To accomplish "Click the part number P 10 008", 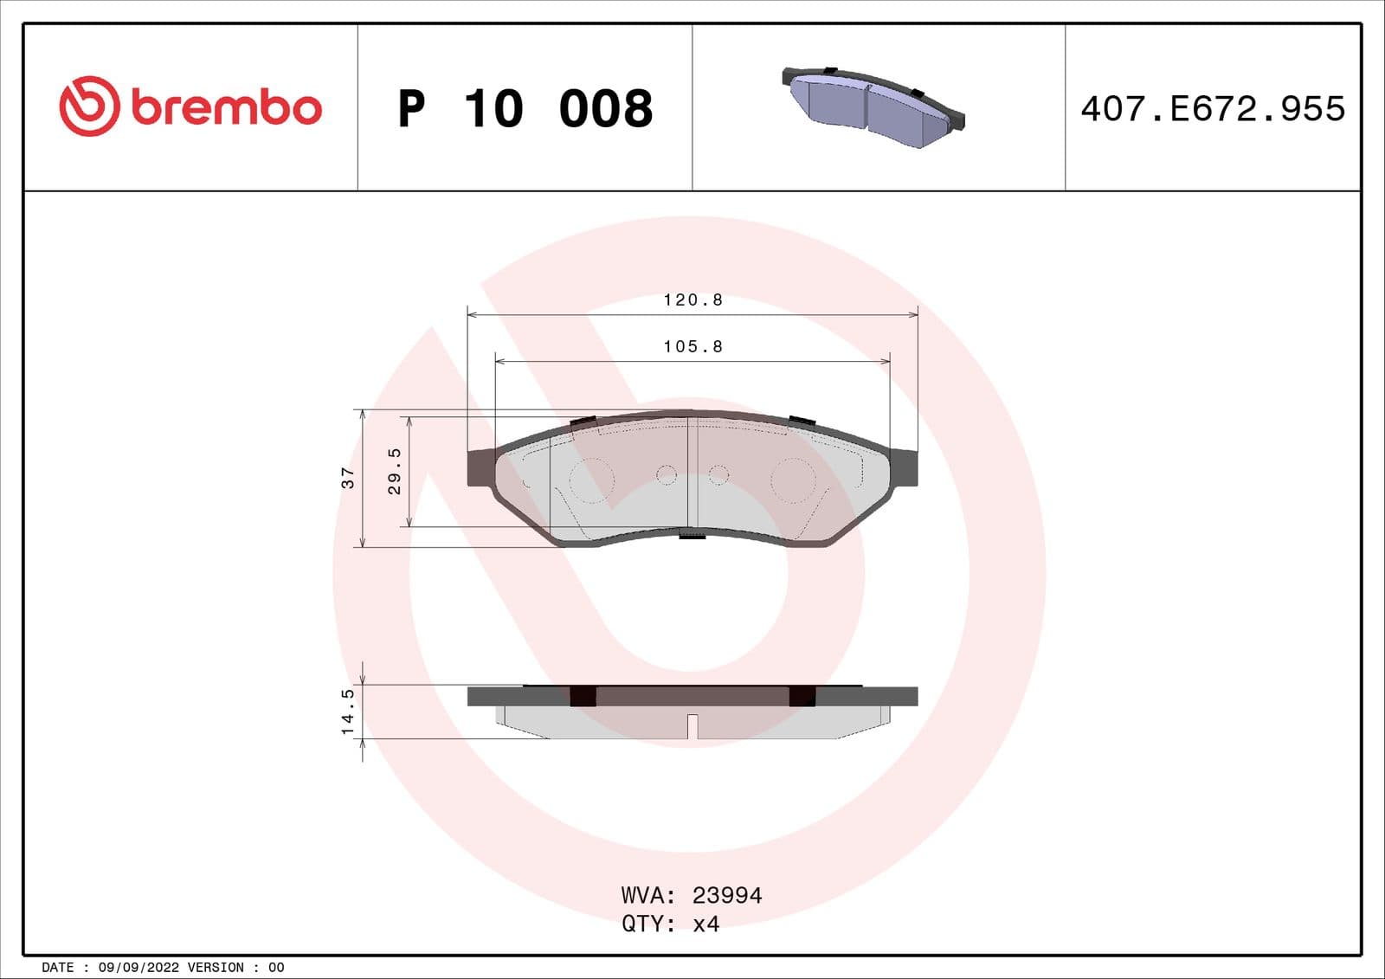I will click(525, 109).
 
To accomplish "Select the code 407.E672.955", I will click(1213, 109).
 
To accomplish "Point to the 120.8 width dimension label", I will click(692, 300).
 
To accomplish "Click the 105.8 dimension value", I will click(692, 347).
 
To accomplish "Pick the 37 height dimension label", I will click(348, 478).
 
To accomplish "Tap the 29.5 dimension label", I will click(395, 472).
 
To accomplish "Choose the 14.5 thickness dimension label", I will click(348, 712).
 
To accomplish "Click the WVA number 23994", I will click(727, 895).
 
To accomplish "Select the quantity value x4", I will click(706, 924).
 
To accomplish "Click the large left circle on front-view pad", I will click(592, 479).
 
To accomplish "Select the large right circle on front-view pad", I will click(793, 480).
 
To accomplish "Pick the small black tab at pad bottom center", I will click(692, 537).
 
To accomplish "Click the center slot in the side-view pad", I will click(692, 726).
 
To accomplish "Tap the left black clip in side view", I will click(583, 695).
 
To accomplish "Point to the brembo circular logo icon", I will click(88, 106).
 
